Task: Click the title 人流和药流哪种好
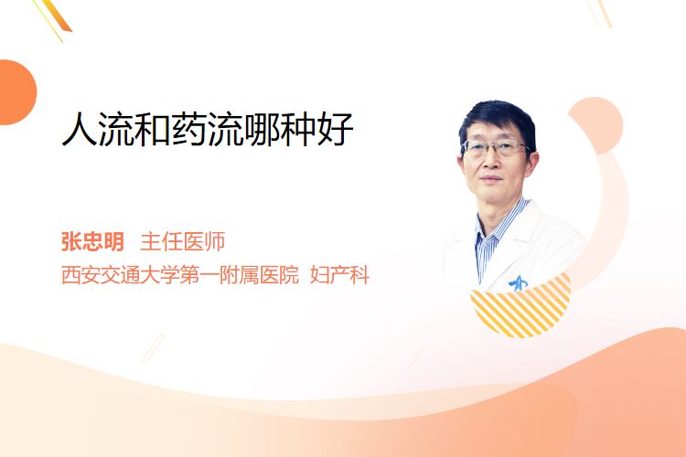click(x=208, y=129)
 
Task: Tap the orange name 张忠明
click(x=92, y=242)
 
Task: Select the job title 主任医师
click(x=183, y=242)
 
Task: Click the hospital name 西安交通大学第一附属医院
click(x=180, y=275)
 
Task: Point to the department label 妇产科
click(x=340, y=275)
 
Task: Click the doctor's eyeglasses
click(x=496, y=147)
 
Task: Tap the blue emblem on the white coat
click(x=519, y=283)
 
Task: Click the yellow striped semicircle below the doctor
click(x=520, y=308)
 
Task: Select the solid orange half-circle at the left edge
click(x=17, y=92)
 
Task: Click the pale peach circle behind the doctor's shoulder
click(x=595, y=125)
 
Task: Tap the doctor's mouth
click(x=491, y=178)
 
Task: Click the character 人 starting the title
click(x=80, y=129)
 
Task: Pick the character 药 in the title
click(x=189, y=129)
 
